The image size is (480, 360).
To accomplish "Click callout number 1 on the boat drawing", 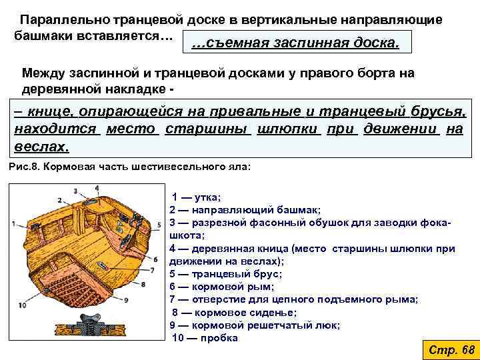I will (x=13, y=224).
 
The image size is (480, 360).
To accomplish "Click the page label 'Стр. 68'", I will (x=450, y=350).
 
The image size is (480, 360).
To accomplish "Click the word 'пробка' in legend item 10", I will (x=219, y=337).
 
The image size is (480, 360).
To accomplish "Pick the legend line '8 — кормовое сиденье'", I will (x=235, y=312).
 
